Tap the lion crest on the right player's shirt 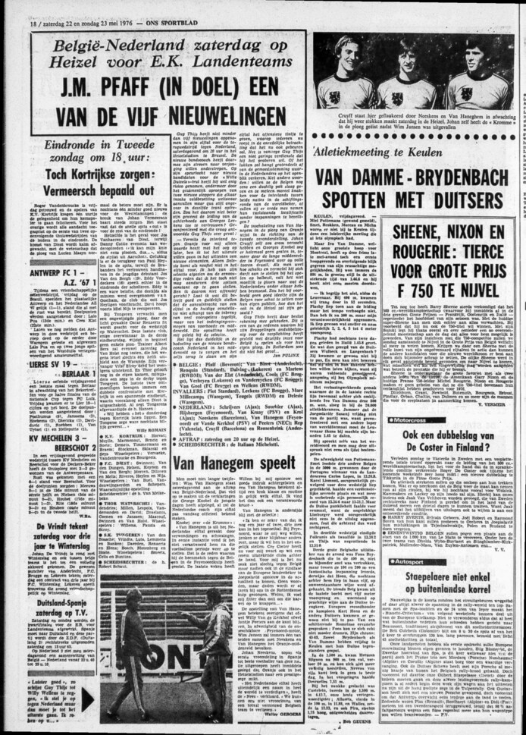click(468, 93)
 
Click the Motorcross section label click(415, 419)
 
